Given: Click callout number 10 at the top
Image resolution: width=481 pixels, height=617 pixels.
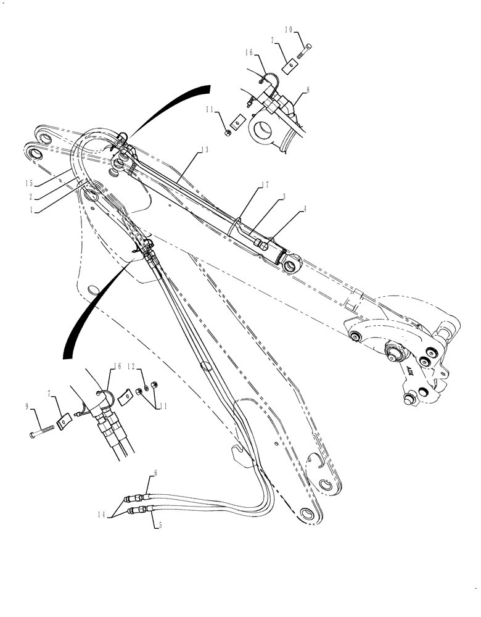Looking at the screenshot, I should [290, 29].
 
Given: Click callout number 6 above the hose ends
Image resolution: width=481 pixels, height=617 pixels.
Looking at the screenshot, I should [155, 473].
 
